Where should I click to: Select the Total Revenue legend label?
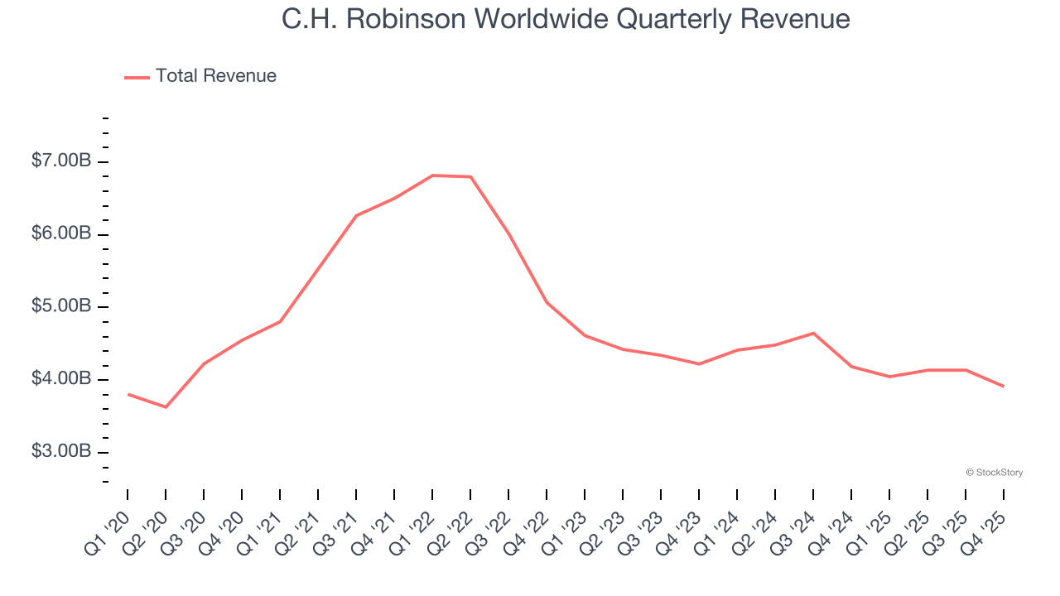coord(215,76)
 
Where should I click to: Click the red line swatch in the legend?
coord(137,77)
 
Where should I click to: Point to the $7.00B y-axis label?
coord(60,161)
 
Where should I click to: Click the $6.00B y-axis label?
coord(60,234)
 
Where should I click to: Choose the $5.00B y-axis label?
coord(60,307)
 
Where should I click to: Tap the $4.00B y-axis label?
coord(60,379)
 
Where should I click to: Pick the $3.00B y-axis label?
coord(60,452)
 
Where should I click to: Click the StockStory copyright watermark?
coord(994,473)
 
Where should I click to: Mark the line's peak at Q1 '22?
coord(432,175)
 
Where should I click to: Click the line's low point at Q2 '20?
coord(166,407)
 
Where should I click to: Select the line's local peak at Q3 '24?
coord(813,333)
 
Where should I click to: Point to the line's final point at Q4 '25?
coord(1004,387)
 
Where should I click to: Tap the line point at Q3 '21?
coord(356,215)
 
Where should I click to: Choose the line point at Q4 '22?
coord(547,302)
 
